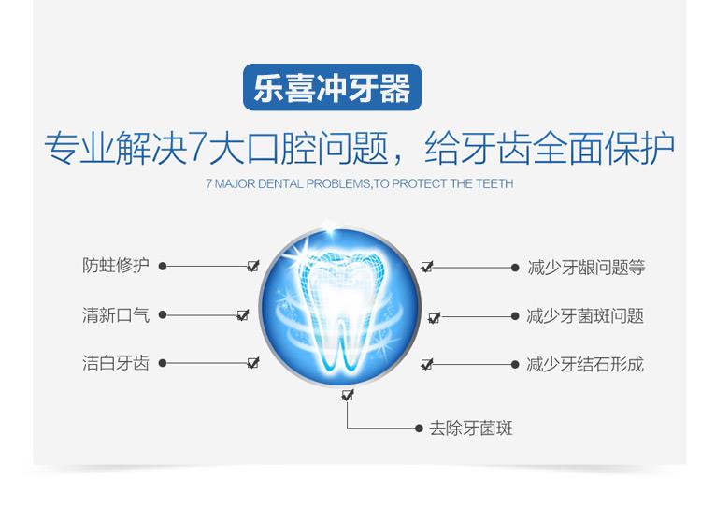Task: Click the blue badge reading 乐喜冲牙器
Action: (332, 87)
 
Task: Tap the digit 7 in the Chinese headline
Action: (197, 147)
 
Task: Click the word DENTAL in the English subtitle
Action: (280, 183)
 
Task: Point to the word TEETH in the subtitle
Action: (494, 183)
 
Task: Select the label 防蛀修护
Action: (115, 266)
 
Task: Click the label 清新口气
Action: (115, 315)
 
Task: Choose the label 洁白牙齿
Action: (115, 363)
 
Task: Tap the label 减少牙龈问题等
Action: (586, 268)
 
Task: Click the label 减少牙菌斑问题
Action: (585, 316)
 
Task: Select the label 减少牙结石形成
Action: (585, 364)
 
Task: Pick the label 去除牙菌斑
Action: (471, 429)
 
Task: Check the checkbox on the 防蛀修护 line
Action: (253, 266)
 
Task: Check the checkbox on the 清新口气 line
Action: (243, 314)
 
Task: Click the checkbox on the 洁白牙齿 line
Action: (253, 363)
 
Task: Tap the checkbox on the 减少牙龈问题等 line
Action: (427, 267)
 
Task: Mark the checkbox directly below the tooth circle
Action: (348, 395)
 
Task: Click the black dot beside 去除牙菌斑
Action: (419, 429)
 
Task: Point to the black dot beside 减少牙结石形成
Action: (515, 364)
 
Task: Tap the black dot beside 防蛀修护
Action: (163, 267)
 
